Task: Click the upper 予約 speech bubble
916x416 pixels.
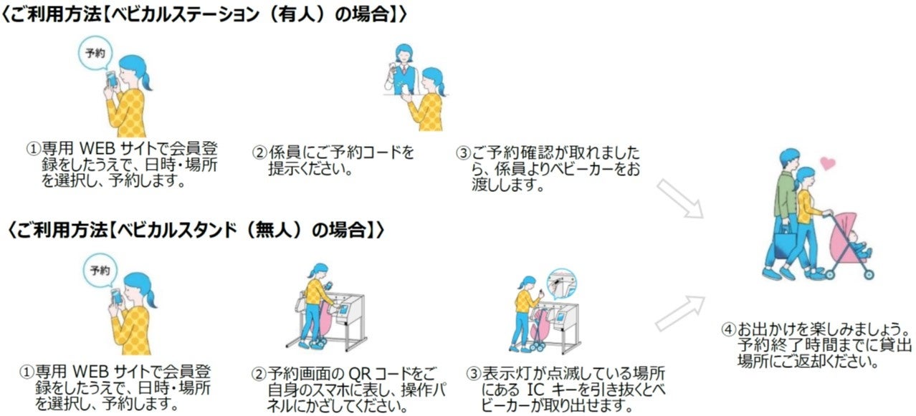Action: pos(94,54)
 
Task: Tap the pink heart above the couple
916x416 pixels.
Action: pos(827,163)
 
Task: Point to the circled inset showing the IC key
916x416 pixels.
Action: pos(562,284)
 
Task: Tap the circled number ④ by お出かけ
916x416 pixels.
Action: pos(728,330)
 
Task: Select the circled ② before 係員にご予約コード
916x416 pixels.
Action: pos(259,153)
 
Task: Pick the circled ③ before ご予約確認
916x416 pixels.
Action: pos(464,153)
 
